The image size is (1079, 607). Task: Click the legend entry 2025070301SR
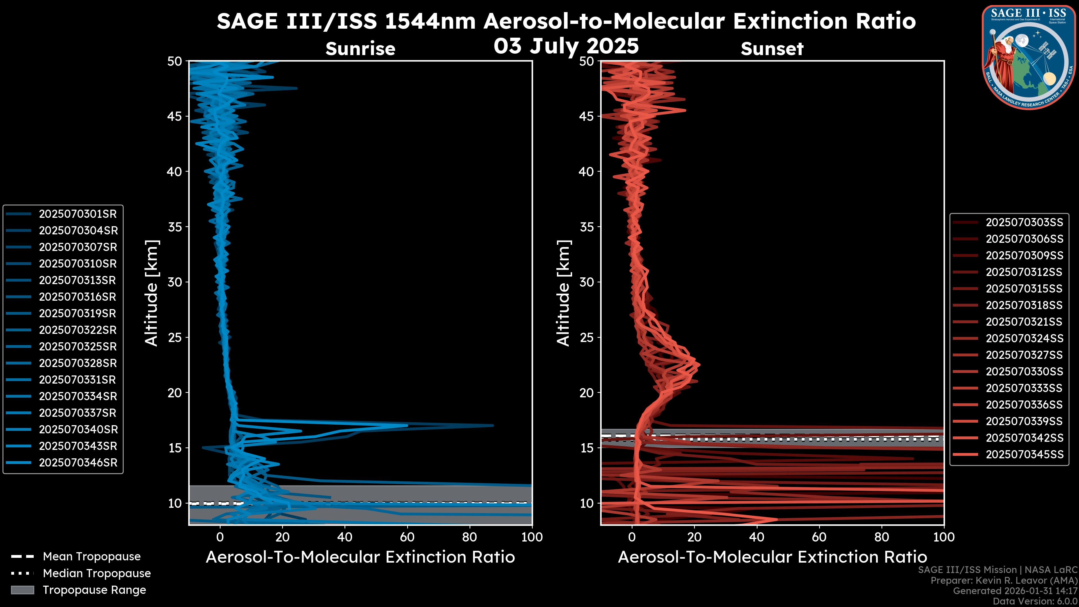(x=78, y=214)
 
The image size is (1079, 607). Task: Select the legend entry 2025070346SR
(x=78, y=463)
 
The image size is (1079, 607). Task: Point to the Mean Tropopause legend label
(x=92, y=557)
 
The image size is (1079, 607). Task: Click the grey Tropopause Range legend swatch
(x=22, y=590)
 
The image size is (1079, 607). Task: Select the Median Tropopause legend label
(x=97, y=573)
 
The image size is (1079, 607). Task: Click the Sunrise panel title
(x=360, y=49)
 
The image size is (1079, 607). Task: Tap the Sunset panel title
(x=772, y=49)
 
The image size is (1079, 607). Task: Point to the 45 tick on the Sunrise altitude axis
(x=175, y=116)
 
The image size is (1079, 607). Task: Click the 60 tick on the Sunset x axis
(x=819, y=537)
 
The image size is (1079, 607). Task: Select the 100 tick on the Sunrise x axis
(x=532, y=537)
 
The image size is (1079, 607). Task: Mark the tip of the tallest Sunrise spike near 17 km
(x=493, y=426)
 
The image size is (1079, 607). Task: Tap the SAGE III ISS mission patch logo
(x=1028, y=57)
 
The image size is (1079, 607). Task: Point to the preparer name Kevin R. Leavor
(x=1018, y=581)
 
